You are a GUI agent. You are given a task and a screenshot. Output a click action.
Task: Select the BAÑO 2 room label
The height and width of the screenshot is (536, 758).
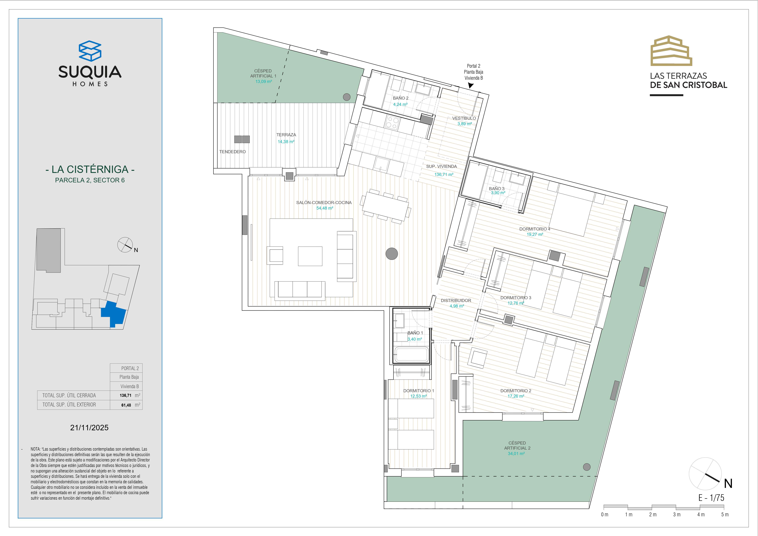pyautogui.click(x=400, y=98)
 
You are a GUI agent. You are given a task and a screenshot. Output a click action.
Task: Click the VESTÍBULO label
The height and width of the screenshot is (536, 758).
pyautogui.click(x=464, y=118)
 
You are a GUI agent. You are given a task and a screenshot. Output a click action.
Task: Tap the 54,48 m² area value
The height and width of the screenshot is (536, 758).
pyautogui.click(x=325, y=208)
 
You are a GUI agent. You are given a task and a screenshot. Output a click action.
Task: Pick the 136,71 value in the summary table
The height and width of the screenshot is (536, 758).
pyautogui.click(x=125, y=395)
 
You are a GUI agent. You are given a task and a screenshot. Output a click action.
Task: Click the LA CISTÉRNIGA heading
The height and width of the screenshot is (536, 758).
pyautogui.click(x=90, y=169)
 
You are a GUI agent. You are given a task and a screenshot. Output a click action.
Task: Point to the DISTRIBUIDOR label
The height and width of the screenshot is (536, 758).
pyautogui.click(x=456, y=300)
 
